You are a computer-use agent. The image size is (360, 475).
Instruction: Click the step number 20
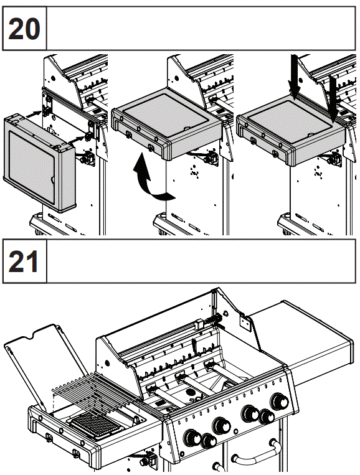tap(24, 29)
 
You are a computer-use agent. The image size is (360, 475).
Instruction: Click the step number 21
tap(24, 261)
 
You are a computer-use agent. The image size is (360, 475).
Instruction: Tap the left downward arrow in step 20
tap(295, 77)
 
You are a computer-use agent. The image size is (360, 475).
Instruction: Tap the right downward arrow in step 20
tap(333, 98)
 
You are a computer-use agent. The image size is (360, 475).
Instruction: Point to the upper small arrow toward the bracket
tap(34, 114)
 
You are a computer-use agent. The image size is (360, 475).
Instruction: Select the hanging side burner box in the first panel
tap(39, 163)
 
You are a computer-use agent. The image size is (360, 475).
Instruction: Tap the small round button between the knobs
tap(236, 431)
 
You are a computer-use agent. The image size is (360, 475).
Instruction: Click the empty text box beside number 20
tap(201, 29)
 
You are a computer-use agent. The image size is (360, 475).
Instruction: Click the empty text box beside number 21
tap(201, 261)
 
